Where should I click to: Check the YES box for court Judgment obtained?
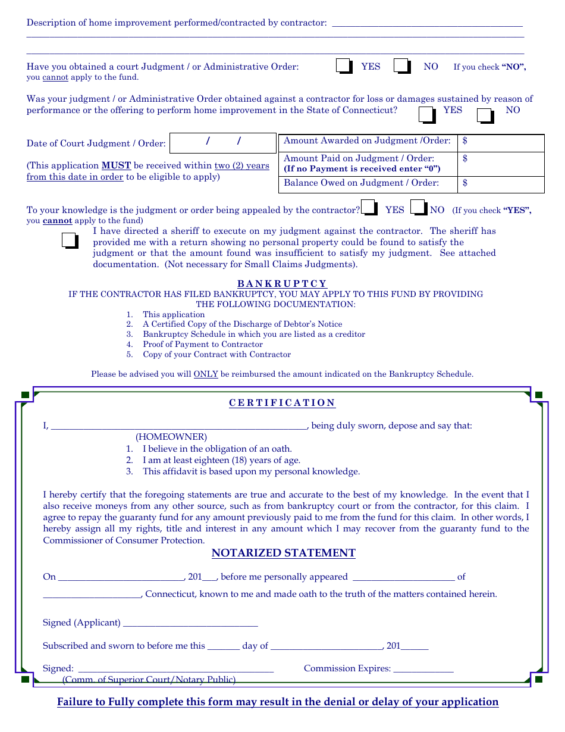[344, 66]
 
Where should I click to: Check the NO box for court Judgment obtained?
[402, 66]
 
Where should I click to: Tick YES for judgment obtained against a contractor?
[427, 115]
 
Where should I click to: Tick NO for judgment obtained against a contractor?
[485, 115]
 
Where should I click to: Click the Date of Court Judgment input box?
[223, 143]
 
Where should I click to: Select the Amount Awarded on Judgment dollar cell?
[501, 142]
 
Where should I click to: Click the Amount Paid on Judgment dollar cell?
[501, 163]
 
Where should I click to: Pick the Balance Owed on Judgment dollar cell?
[501, 184]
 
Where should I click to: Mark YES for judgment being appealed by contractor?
[369, 208]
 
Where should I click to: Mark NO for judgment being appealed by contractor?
[419, 208]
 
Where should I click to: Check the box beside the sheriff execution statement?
[70, 240]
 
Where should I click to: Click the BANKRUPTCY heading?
[282, 284]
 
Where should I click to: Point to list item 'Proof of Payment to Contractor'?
[202, 345]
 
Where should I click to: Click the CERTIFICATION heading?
[282, 403]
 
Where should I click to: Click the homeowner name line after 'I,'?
[178, 425]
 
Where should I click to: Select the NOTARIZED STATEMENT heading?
[284, 553]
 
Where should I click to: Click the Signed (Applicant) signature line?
[190, 622]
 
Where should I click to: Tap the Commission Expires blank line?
[423, 668]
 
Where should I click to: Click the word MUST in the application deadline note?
[116, 166]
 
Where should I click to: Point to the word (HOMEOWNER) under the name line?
[171, 437]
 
